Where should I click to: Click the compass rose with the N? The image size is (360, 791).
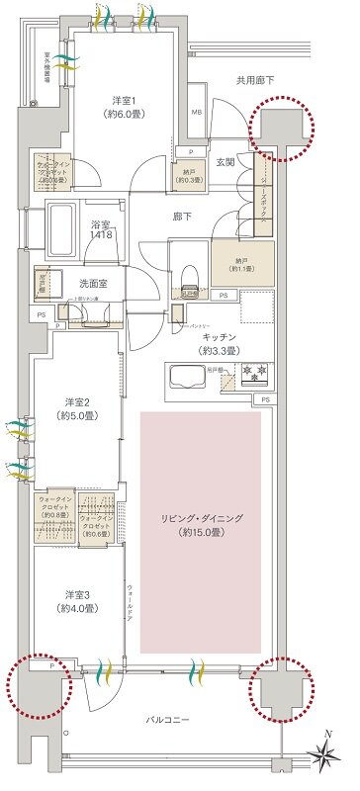(323, 756)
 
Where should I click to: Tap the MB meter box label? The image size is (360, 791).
(196, 113)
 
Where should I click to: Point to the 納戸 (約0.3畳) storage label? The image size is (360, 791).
(191, 174)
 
